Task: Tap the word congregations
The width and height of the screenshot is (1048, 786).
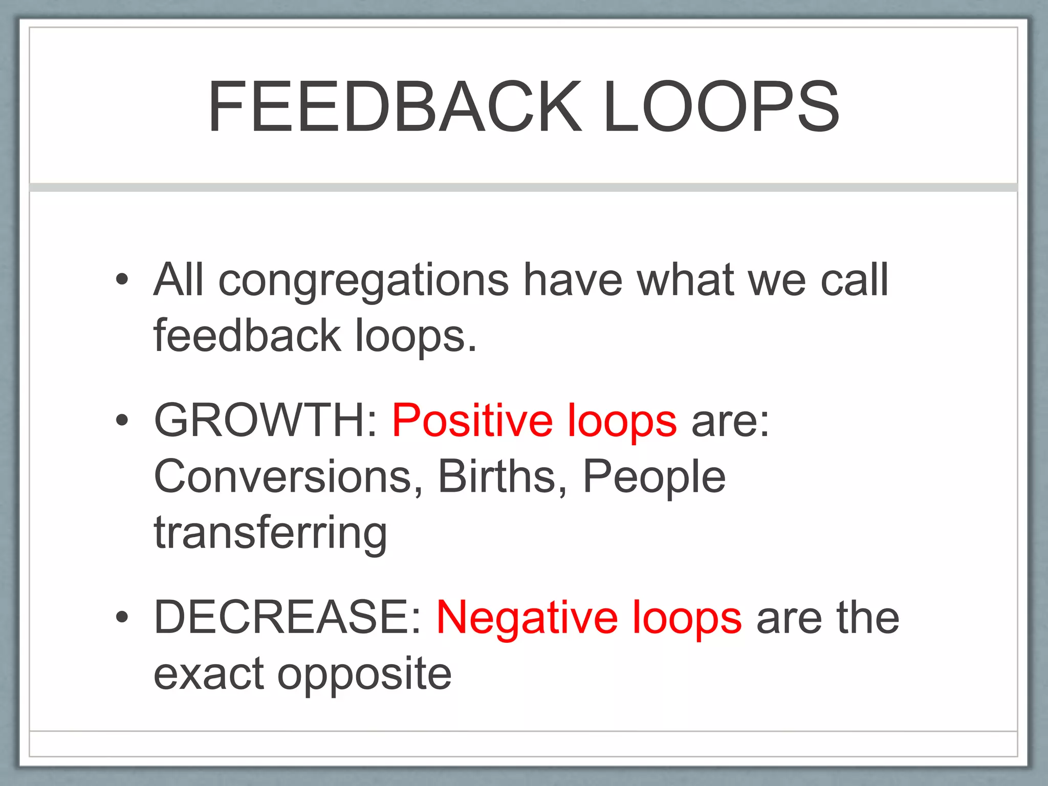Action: click(x=363, y=281)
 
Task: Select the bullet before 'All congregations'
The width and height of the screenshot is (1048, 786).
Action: click(x=122, y=279)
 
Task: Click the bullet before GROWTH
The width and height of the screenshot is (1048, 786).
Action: click(x=122, y=420)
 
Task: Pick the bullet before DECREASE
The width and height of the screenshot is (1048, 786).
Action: click(x=122, y=617)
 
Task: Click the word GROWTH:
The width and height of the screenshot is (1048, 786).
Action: click(x=266, y=420)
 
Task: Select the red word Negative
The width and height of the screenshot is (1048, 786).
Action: click(x=527, y=618)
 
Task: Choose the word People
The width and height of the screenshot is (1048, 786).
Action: click(x=654, y=477)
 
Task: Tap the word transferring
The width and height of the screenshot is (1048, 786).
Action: click(x=270, y=533)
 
